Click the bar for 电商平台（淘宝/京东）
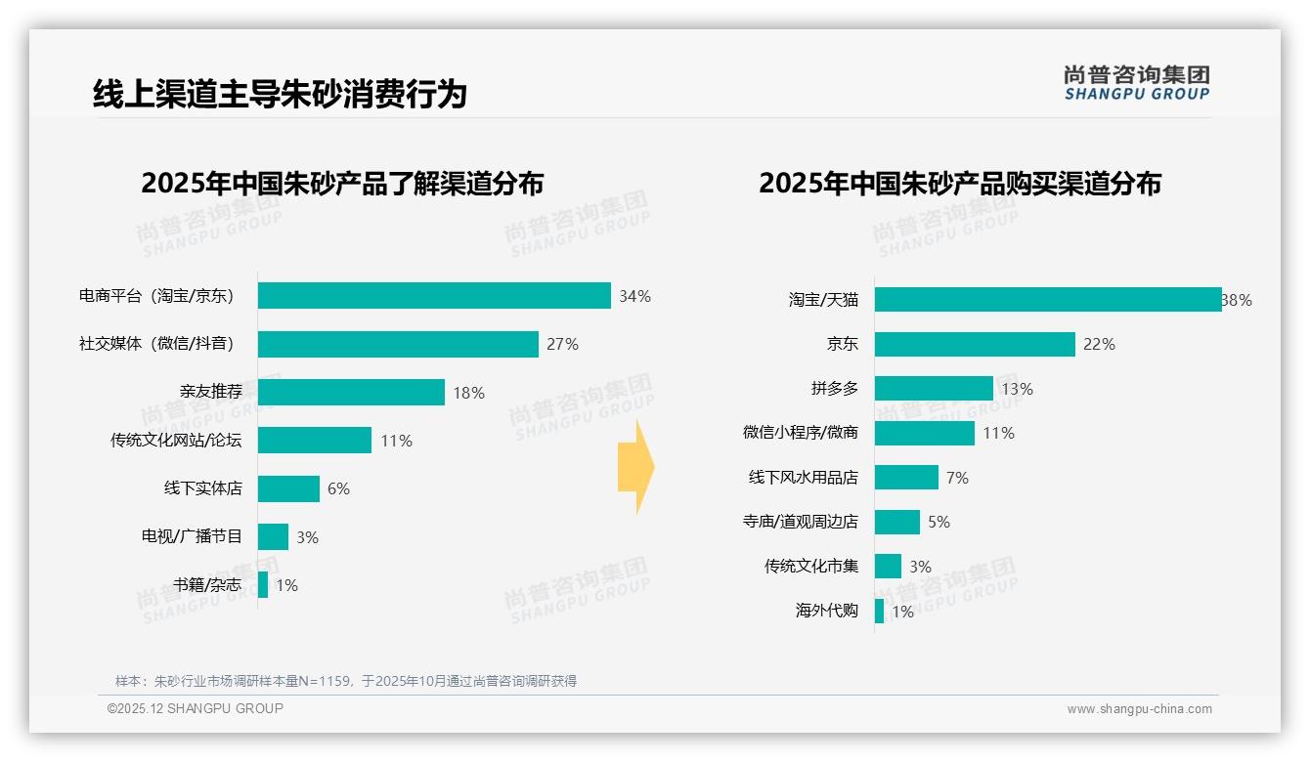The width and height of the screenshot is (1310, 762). (x=434, y=296)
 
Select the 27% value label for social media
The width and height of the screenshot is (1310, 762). (x=562, y=344)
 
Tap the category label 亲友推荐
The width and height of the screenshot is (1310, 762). (x=210, y=392)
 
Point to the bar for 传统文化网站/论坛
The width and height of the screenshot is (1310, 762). (x=315, y=441)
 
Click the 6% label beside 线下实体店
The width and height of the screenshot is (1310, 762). (x=338, y=488)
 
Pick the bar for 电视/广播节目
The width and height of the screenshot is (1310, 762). (x=274, y=536)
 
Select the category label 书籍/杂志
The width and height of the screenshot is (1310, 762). (x=207, y=585)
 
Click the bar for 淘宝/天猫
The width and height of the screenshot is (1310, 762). (x=1047, y=300)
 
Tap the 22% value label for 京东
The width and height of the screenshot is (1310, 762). (x=1099, y=344)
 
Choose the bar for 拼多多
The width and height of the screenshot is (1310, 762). (x=934, y=389)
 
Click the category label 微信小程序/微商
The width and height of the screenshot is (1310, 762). (x=800, y=433)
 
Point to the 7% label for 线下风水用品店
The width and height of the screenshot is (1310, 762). (x=957, y=478)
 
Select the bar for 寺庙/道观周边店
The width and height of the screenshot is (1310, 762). (x=897, y=522)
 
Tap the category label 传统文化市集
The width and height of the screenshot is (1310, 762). (x=810, y=566)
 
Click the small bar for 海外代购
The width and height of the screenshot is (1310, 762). (x=880, y=611)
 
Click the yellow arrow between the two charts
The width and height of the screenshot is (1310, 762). (x=635, y=468)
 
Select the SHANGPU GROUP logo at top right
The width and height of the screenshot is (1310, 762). (x=1136, y=82)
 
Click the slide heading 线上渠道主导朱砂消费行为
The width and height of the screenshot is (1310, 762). (x=280, y=94)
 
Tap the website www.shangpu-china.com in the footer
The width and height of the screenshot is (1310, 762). (x=1139, y=709)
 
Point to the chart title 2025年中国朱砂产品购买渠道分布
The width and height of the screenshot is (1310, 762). (x=959, y=184)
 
